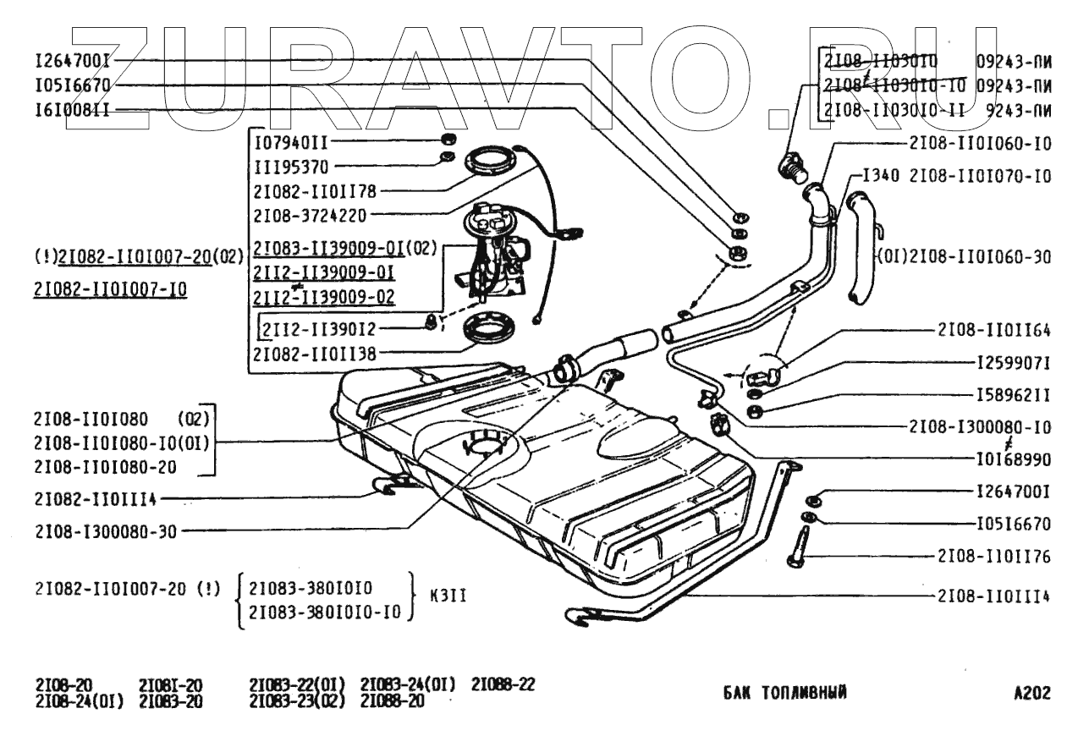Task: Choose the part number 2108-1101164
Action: click(x=994, y=329)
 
